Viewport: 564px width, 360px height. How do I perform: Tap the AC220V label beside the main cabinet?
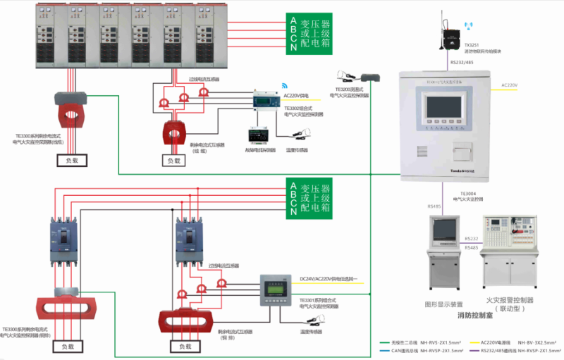(509, 85)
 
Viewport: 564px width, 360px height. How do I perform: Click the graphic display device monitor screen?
(443, 232)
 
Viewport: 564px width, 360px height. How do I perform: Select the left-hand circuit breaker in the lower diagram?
(61, 240)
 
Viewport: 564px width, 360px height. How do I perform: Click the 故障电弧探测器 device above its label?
(257, 134)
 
